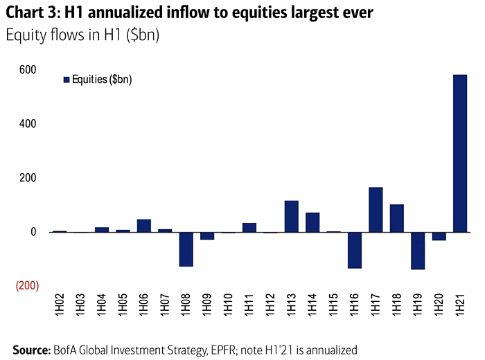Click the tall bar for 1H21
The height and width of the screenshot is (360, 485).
tap(459, 153)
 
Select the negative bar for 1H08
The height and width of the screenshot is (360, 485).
tap(186, 249)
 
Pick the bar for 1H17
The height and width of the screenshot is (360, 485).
tap(376, 210)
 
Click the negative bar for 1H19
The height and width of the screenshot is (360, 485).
tap(418, 251)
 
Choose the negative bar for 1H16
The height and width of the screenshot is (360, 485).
tap(355, 250)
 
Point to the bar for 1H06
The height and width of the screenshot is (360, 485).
tap(143, 226)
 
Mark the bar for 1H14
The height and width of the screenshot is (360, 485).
tap(312, 222)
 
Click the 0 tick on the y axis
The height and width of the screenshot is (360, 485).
tap(32, 232)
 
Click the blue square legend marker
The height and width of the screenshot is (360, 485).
tap(67, 80)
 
